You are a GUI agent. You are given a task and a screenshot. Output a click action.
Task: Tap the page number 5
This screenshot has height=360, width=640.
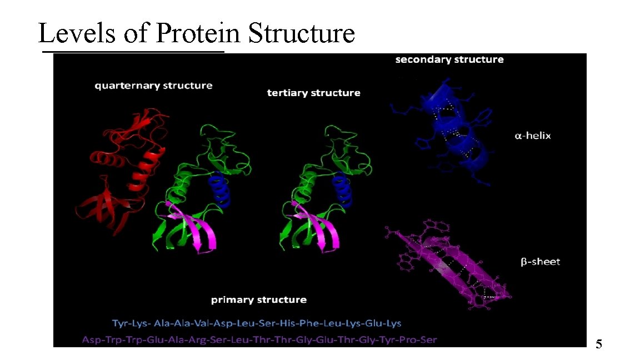click(x=599, y=344)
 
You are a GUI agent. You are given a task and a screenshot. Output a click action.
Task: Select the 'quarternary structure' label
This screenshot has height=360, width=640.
click(x=153, y=86)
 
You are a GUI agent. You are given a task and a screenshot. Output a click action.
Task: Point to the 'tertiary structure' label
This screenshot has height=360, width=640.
click(x=313, y=93)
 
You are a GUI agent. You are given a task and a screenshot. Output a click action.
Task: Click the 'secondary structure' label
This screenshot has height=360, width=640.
click(x=449, y=59)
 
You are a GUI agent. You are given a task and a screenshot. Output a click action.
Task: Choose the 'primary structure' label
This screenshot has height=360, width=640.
click(x=258, y=300)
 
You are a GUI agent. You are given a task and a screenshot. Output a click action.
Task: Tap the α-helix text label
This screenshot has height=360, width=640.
click(x=532, y=136)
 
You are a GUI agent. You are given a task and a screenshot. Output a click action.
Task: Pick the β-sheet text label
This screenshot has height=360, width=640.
click(x=540, y=262)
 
